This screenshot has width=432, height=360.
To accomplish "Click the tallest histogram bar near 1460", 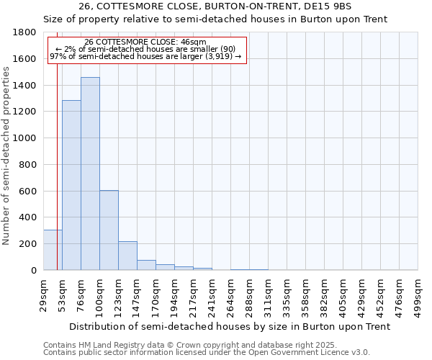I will [x=90, y=174].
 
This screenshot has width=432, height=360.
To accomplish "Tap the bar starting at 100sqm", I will [x=109, y=230].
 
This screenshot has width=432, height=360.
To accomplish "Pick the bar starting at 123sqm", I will [x=127, y=256].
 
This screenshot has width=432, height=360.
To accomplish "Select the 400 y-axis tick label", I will [x=27, y=217].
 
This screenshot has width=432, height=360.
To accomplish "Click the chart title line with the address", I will [x=215, y=6].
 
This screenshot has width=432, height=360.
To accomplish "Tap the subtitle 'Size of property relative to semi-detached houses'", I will [x=215, y=19].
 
